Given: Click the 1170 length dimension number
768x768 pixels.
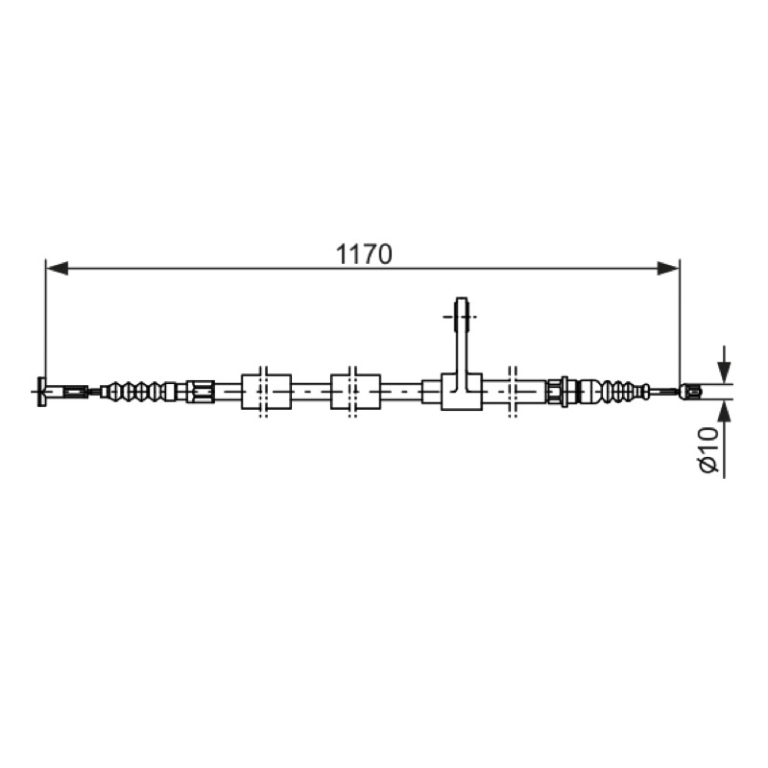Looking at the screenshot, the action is tap(364, 254).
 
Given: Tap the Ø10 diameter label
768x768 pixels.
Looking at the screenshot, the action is tap(709, 449).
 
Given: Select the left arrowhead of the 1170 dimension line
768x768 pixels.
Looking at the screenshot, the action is tap(57, 268).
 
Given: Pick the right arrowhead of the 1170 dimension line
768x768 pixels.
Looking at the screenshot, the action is tap(668, 268).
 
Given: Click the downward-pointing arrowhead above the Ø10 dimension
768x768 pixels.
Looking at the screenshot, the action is tap(725, 372).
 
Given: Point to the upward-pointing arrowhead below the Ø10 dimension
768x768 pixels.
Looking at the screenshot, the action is tap(725, 411).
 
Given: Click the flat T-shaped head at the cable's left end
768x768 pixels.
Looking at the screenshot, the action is tap(40, 392).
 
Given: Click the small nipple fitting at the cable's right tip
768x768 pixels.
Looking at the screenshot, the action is tap(689, 392).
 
